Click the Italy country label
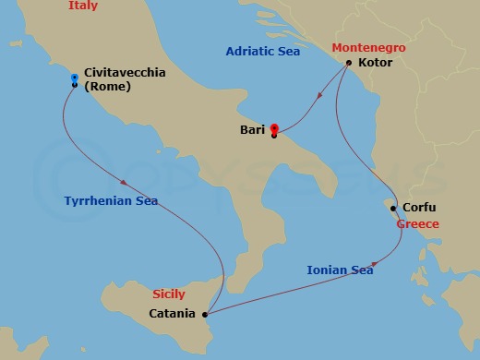[82, 6]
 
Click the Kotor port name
[374, 64]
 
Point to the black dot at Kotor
[348, 63]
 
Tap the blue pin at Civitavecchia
[74, 78]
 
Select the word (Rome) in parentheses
[106, 88]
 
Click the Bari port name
[251, 130]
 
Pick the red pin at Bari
[274, 128]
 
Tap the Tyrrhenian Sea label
[111, 201]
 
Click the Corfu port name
[419, 208]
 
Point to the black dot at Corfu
[394, 209]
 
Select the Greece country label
[417, 224]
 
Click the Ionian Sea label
[340, 270]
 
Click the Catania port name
[172, 314]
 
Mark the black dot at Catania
[205, 314]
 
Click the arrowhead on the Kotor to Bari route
[318, 95]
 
